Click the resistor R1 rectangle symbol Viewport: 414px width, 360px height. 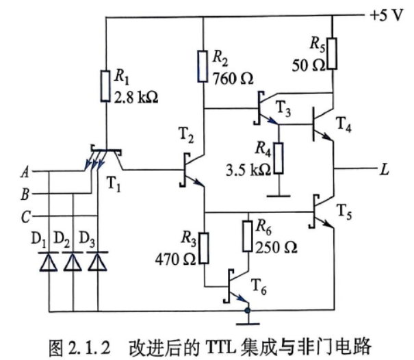point(105,86)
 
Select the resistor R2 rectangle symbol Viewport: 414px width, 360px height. point(203,66)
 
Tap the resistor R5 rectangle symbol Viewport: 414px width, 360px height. point(332,54)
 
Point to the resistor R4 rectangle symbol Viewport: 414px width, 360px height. point(279,158)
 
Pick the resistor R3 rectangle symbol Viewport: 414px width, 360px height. point(204,248)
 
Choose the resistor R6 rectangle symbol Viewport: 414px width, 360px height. point(248,236)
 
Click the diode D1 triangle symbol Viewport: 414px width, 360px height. point(49,261)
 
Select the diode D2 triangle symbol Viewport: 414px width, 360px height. point(73,261)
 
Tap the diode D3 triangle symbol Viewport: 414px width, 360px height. point(98,261)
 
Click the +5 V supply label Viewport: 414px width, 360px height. point(387,15)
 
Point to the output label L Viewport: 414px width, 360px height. point(385,169)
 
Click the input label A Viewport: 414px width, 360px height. point(25,172)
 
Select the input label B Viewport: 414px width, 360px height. point(25,194)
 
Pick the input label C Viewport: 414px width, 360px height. point(25,217)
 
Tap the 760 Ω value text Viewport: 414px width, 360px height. point(233,79)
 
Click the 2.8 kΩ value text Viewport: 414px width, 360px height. point(136,97)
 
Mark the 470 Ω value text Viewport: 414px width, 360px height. point(176,259)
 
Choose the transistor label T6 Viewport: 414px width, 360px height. point(259,287)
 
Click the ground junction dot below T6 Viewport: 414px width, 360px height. point(248,311)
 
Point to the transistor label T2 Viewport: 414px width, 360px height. point(186,135)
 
